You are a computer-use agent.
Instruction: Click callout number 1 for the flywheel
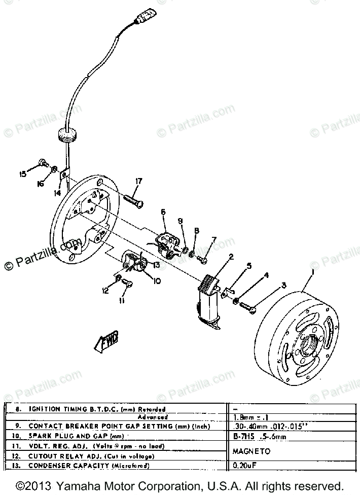[313, 272]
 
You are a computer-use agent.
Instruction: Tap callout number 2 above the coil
[231, 257]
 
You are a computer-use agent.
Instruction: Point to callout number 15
[22, 174]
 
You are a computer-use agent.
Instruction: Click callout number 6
[163, 211]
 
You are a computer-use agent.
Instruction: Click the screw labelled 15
[43, 163]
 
